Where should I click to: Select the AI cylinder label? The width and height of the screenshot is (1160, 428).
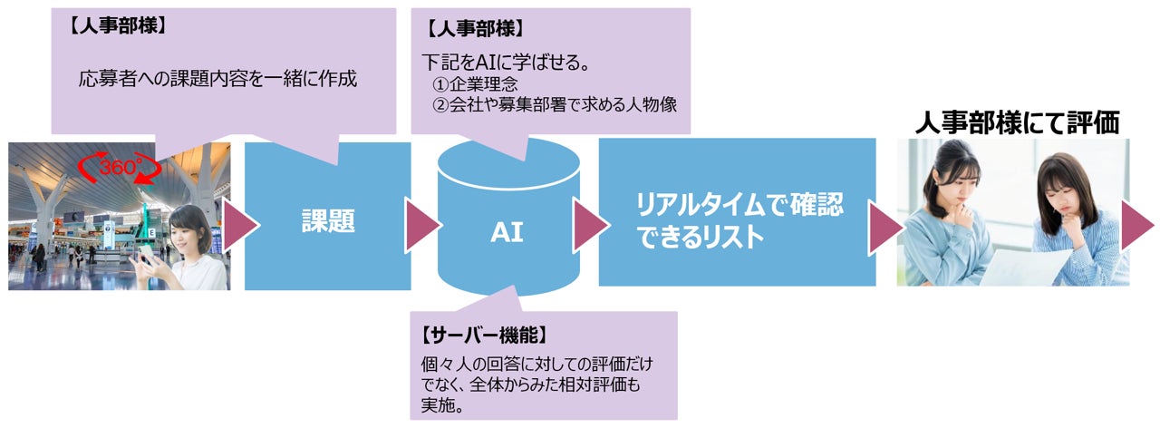507,233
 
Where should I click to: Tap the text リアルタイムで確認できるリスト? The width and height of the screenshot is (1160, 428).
739,220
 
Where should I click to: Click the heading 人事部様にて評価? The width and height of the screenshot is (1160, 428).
1017,122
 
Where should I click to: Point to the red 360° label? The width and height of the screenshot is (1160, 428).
118,167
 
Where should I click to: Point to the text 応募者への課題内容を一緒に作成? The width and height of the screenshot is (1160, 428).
217,79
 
